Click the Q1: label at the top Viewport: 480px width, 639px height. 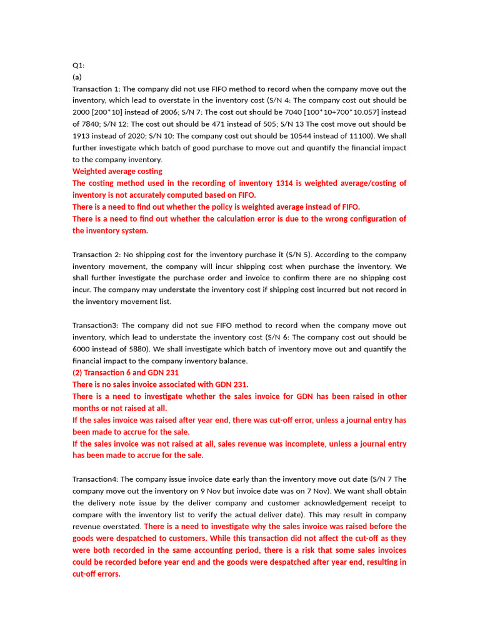coord(79,65)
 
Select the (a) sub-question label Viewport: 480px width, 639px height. coord(77,77)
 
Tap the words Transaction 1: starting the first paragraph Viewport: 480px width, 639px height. coord(95,89)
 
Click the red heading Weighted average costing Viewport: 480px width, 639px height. coord(117,171)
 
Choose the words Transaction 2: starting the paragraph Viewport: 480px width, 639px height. coord(95,255)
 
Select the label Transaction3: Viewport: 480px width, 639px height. coord(94,326)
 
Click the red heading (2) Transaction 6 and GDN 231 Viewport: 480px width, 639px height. coord(126,373)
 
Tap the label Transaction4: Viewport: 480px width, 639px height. coord(94,479)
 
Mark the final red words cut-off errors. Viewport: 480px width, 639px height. coord(96,574)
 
